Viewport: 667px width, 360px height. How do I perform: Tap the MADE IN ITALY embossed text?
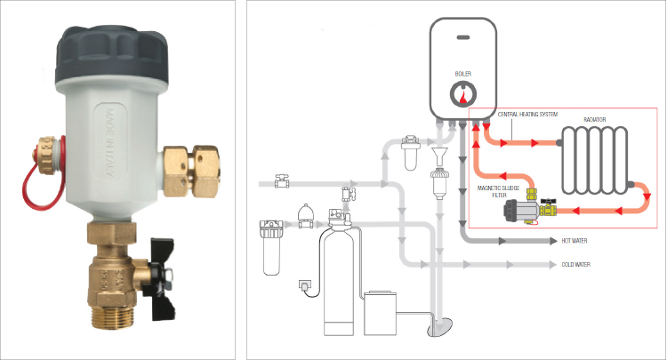pyautogui.click(x=109, y=143)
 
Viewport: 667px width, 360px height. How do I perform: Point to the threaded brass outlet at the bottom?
pyautogui.click(x=113, y=316)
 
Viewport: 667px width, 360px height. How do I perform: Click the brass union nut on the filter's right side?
pyautogui.click(x=191, y=171)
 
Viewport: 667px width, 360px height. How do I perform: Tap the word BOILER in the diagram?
pyautogui.click(x=462, y=74)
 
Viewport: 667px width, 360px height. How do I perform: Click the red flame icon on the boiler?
pyautogui.click(x=462, y=98)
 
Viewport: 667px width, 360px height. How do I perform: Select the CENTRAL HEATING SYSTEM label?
pyautogui.click(x=527, y=115)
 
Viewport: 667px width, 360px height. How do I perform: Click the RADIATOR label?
pyautogui.click(x=594, y=120)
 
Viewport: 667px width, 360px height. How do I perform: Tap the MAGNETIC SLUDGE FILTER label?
pyautogui.click(x=498, y=192)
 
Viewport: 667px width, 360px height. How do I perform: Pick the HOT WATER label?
pyautogui.click(x=574, y=241)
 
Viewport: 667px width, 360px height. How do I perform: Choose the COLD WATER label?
pyautogui.click(x=575, y=264)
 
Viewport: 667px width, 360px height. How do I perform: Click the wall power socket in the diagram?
pyautogui.click(x=304, y=284)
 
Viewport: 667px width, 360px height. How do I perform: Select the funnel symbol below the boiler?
pyautogui.click(x=438, y=155)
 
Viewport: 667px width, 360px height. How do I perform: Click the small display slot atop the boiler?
pyautogui.click(x=463, y=37)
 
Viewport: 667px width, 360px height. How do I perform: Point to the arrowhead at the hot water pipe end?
pyautogui.click(x=553, y=241)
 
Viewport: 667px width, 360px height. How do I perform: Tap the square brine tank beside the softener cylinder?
pyautogui.click(x=381, y=313)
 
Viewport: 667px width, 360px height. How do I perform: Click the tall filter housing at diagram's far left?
pyautogui.click(x=269, y=248)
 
